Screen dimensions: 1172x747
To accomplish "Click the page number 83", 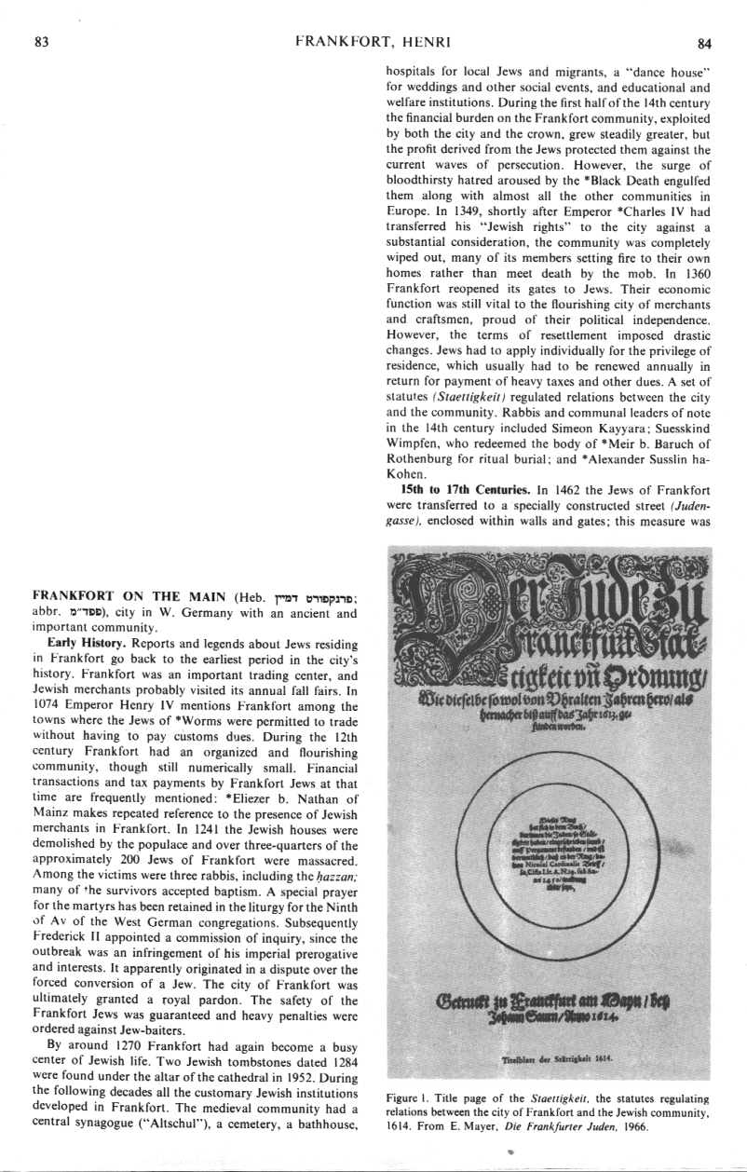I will point(40,15).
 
